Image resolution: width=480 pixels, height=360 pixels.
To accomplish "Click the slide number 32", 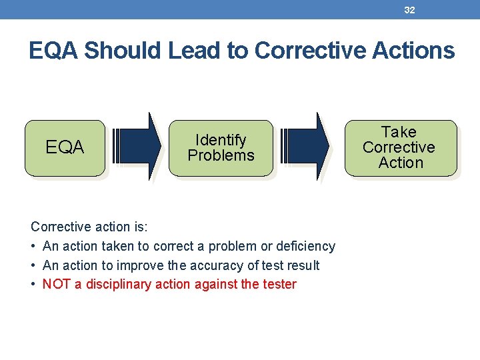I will pos(409,10).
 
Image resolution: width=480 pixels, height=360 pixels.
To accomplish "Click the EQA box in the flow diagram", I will pos(65,147).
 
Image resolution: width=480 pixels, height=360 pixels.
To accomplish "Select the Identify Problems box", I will pos(221,147).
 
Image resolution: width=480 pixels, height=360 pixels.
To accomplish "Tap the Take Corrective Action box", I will pos(400,147).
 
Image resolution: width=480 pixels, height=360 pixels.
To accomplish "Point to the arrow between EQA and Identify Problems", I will pos(137,145).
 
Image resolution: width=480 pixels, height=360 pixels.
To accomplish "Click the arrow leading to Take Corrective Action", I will pos(305,145).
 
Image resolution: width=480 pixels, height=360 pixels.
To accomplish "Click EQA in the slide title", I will pos(54,51).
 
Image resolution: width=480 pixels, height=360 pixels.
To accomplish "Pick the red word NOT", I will pos(56,285).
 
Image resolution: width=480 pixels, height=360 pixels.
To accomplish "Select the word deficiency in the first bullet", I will pos(306,247).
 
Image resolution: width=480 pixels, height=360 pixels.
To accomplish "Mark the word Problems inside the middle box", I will pos(221,155).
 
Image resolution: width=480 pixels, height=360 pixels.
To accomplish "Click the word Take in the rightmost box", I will pos(399,132).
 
